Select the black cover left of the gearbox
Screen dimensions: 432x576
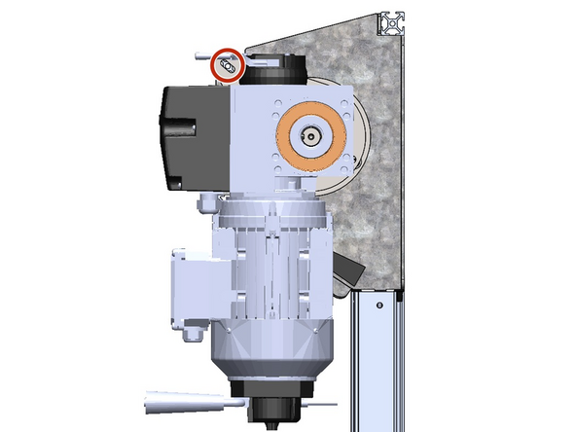(191, 135)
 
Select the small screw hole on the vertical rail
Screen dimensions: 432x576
(372, 306)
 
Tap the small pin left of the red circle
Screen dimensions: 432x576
(202, 56)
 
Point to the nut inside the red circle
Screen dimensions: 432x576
(229, 67)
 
